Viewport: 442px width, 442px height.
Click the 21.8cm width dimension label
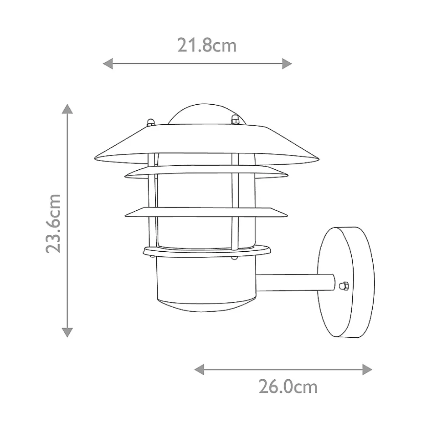pos(206,46)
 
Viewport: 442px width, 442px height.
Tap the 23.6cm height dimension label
pos(53,223)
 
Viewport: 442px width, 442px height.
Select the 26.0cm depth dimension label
pos(288,387)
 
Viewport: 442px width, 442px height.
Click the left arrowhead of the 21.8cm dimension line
pos(108,64)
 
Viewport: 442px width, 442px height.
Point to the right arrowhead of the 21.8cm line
pos(287,64)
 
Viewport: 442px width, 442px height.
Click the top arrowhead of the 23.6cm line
pos(67,109)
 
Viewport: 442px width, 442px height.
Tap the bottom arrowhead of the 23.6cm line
pos(67,333)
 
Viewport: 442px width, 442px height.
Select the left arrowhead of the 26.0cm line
pos(199,370)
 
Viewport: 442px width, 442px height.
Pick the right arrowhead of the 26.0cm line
pos(367,370)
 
